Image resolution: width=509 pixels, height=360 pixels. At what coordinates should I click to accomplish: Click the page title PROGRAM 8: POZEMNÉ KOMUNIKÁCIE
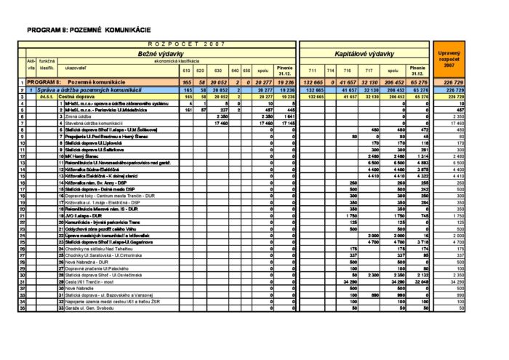(88, 30)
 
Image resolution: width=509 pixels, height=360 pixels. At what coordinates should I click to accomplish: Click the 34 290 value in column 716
(349, 281)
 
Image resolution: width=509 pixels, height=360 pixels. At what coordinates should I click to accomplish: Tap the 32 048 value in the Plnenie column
(420, 281)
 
